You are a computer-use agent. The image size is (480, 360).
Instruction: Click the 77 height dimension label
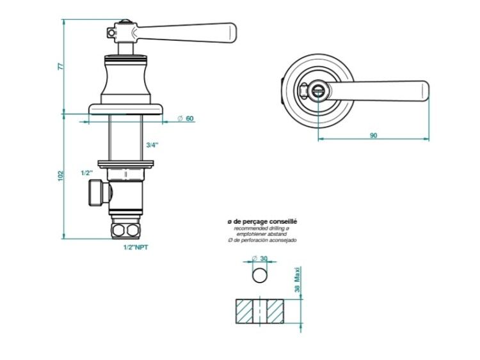pyautogui.click(x=61, y=66)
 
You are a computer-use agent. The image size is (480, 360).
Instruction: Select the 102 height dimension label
pyautogui.click(x=61, y=176)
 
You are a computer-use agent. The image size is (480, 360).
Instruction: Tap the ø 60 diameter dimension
pyautogui.click(x=186, y=118)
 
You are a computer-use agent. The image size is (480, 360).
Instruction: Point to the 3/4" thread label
pyautogui.click(x=152, y=145)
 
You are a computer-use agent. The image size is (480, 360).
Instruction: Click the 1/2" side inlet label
pyautogui.click(x=87, y=173)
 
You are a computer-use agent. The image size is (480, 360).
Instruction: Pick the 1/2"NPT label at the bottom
pyautogui.click(x=136, y=247)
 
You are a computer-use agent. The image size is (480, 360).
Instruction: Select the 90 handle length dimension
pyautogui.click(x=374, y=135)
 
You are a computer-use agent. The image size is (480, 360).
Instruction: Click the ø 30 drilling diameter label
pyautogui.click(x=260, y=258)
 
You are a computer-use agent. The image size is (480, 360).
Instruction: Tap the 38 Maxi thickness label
pyautogui.click(x=297, y=279)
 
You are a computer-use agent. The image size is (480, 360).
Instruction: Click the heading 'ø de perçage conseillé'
pyautogui.click(x=262, y=221)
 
